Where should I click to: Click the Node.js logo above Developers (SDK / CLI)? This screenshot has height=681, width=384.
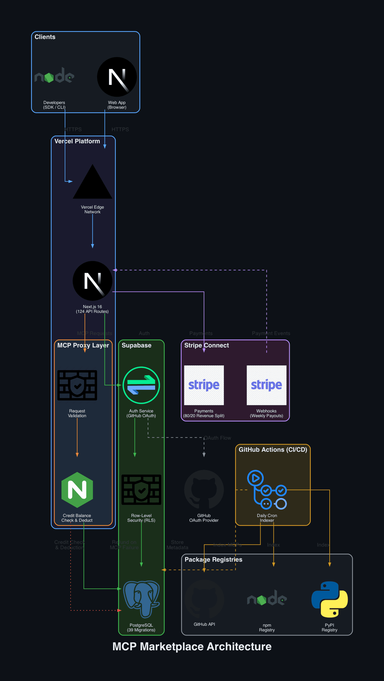tap(54, 76)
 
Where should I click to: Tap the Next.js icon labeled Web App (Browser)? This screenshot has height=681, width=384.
tap(117, 77)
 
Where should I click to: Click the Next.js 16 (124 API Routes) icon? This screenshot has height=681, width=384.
tap(92, 281)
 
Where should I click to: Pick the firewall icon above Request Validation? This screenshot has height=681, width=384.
tap(77, 385)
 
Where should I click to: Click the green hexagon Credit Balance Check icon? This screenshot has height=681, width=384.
tap(77, 490)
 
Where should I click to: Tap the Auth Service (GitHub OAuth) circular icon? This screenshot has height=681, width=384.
tap(141, 385)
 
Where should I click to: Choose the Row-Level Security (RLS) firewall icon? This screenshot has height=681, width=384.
tap(141, 490)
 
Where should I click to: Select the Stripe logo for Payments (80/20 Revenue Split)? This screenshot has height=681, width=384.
tap(204, 385)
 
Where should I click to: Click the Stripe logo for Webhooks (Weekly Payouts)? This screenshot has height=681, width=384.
tap(266, 385)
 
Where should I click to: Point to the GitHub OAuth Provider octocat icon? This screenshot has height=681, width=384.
tap(204, 490)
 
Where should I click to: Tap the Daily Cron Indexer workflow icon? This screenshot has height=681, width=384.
tap(267, 490)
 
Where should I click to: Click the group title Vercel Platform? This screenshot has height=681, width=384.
tap(77, 141)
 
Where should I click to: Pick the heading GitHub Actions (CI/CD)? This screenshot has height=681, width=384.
tap(273, 450)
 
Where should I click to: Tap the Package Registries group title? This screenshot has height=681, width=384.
tap(213, 560)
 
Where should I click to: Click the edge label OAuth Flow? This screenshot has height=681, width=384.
tap(217, 438)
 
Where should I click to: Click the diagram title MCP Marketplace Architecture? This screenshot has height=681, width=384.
tap(192, 646)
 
